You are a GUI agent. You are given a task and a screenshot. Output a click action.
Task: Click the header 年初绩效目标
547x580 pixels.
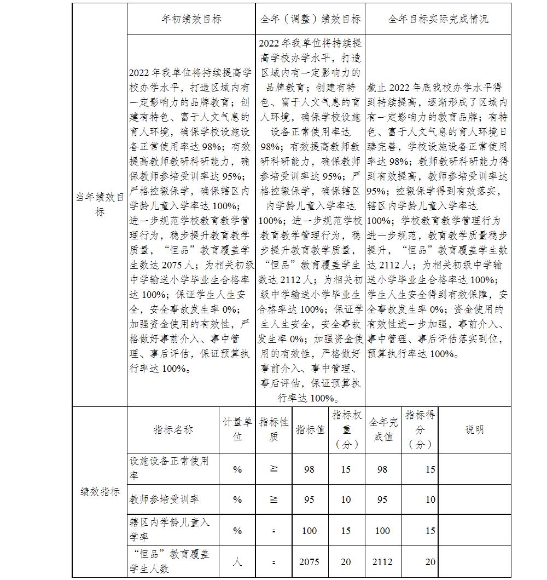pos(191,19)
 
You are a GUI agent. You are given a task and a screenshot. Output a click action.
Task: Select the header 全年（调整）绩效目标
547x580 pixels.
pos(311,19)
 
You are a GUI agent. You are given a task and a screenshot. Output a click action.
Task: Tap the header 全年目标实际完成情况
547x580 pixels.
pos(438,19)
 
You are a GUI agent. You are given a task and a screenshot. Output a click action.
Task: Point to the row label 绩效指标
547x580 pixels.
pos(99,492)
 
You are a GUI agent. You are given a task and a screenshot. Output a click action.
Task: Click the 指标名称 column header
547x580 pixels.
pos(173,430)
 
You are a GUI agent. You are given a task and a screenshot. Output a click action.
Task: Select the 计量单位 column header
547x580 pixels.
pos(237,430)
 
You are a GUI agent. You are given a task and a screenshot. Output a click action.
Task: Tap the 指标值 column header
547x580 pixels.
pos(310,430)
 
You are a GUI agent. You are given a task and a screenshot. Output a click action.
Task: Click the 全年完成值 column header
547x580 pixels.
pos(383,430)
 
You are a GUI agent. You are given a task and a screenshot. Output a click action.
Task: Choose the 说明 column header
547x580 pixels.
pos(474,430)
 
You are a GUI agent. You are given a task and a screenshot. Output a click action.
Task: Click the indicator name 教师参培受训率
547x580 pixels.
pos(164,499)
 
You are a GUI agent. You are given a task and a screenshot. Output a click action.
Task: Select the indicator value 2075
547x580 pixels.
pos(310,562)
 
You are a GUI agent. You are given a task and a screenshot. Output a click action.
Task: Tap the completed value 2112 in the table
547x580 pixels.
pos(383,562)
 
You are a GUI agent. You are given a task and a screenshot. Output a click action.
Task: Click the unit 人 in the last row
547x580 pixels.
pos(237,562)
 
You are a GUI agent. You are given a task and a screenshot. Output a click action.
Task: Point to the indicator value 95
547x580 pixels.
pos(310,499)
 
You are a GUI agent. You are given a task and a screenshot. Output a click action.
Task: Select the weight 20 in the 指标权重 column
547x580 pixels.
pos(346,562)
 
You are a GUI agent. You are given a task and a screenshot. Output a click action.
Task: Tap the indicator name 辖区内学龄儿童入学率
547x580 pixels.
pos(170,530)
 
